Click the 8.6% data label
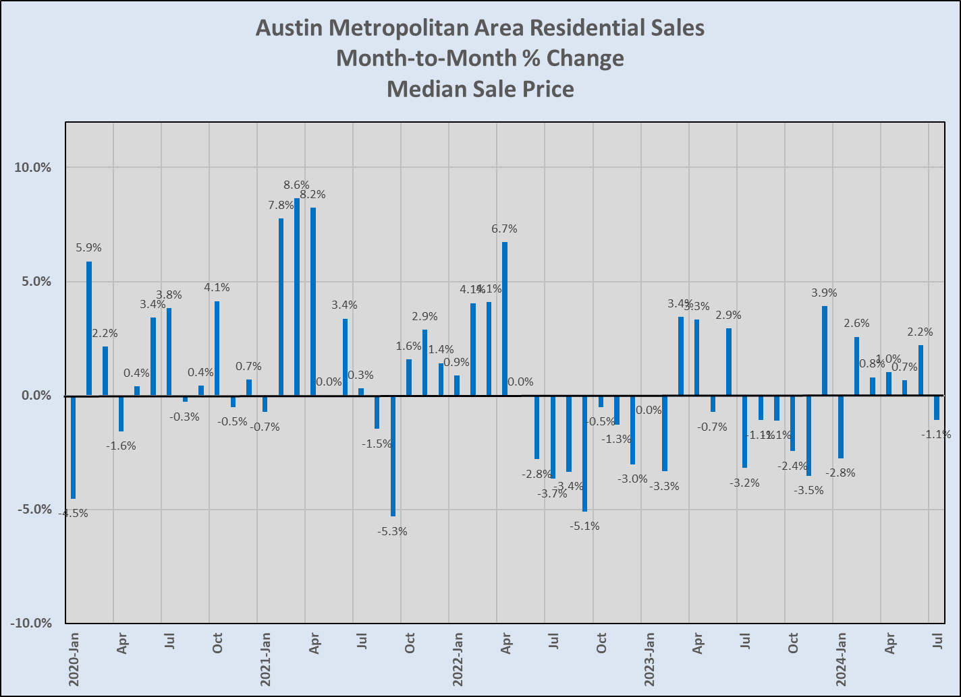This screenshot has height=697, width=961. pos(296,185)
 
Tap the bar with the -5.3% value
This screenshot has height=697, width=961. pos(393,456)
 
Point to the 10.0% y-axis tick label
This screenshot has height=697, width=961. pos(33,167)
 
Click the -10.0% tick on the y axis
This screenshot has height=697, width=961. pos(31,624)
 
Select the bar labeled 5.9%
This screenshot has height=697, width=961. pos(89,328)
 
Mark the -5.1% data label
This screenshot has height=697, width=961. pos(585,526)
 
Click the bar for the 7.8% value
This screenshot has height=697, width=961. pos(281,307)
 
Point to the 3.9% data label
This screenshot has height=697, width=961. pos(824,293)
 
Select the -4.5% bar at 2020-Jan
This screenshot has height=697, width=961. pos(73,447)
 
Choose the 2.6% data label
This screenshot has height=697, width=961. pos(856,324)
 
